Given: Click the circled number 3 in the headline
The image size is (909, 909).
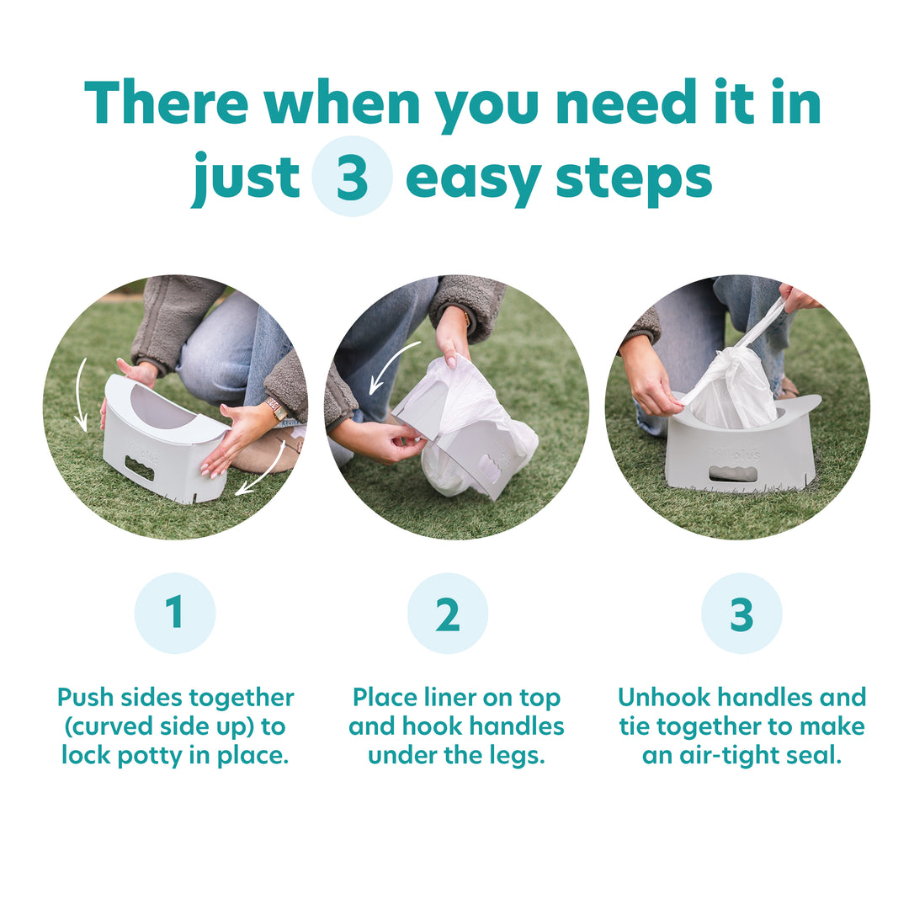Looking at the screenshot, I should coord(352,177).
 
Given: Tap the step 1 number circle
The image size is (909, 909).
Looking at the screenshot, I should coord(175,614).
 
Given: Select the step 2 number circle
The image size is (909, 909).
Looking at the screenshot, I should coord(448,614).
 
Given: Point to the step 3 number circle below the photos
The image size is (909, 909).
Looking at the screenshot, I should coord(742,614).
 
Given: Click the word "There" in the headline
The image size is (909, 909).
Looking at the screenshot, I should coord(166,104).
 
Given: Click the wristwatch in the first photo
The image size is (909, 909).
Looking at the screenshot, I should coord(275,409).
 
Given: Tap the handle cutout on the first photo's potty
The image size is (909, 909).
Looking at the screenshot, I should coord(140,468).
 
